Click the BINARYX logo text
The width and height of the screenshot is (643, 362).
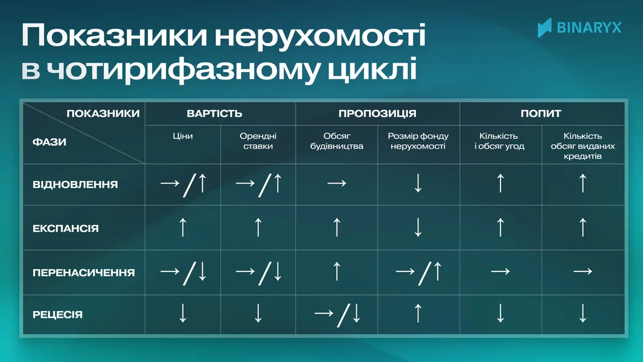(x=589, y=28)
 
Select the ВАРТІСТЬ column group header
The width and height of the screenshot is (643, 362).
(x=214, y=114)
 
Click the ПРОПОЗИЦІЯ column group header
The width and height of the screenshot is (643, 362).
(x=377, y=114)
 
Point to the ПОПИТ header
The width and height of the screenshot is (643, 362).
(x=541, y=114)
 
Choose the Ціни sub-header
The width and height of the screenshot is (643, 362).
(x=183, y=136)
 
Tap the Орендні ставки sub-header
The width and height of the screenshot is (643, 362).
(x=258, y=141)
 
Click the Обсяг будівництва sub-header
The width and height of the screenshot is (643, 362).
(x=337, y=141)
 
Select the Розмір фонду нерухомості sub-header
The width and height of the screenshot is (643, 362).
(x=418, y=141)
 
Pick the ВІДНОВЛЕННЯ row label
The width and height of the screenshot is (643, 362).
(x=75, y=184)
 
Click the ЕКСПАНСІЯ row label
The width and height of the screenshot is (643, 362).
(x=66, y=228)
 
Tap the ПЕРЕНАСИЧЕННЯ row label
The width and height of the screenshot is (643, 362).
(x=84, y=272)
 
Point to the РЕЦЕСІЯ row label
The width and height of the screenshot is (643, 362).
(x=58, y=315)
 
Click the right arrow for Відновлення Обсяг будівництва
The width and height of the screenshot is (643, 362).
(x=337, y=183)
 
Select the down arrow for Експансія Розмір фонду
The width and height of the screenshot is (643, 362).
(x=418, y=227)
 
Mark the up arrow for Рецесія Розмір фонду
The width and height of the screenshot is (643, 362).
(x=418, y=313)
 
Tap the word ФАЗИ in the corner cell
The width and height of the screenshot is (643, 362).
(x=49, y=142)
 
